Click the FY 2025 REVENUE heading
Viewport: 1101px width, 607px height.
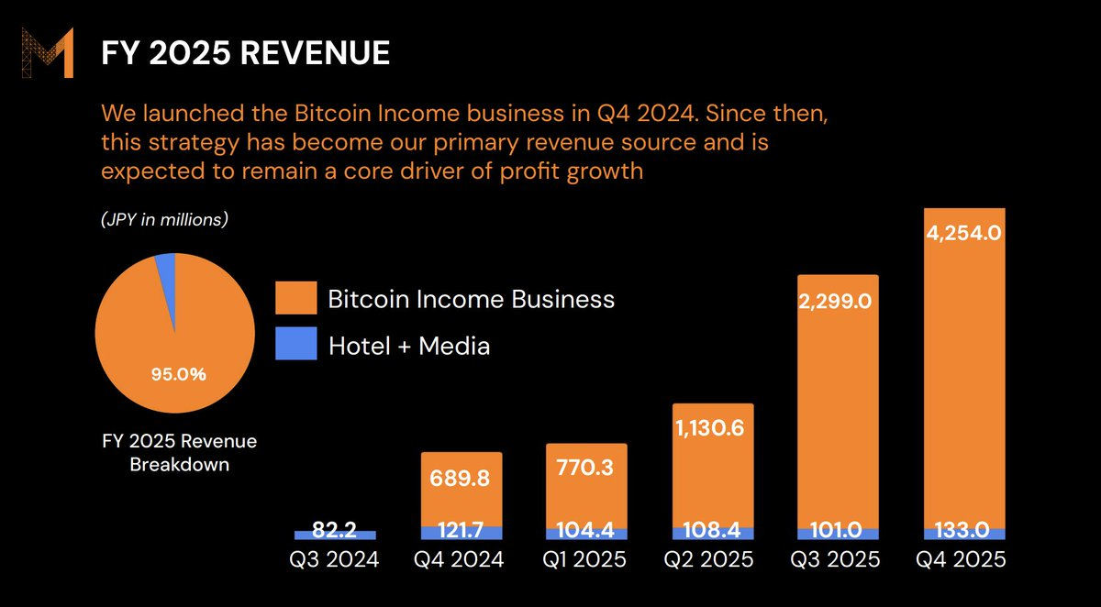click(246, 53)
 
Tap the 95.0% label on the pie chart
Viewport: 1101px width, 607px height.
click(179, 373)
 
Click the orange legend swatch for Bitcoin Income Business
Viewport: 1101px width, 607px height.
click(295, 299)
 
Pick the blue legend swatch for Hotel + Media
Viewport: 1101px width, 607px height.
click(295, 344)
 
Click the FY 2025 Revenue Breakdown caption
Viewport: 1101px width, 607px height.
click(179, 453)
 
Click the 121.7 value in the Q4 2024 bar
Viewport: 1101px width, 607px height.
click(461, 533)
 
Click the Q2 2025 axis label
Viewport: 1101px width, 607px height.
click(712, 559)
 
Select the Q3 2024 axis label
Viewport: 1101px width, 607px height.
click(334, 559)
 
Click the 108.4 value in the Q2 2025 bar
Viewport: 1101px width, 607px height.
click(712, 533)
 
